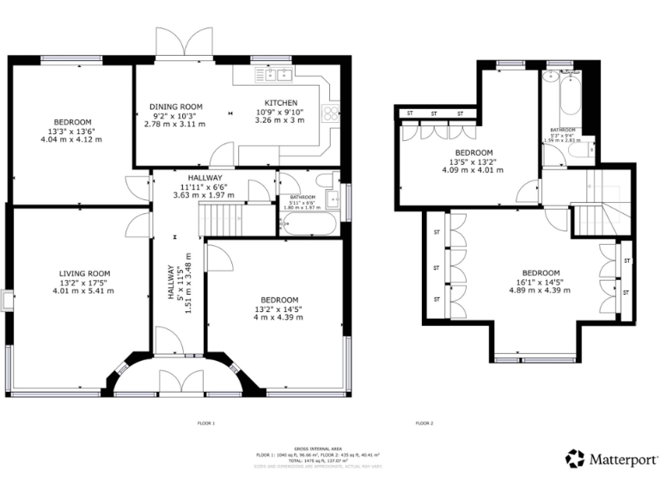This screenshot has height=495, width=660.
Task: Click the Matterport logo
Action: pos(612,459)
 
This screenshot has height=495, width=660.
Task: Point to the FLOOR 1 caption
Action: pos(206,424)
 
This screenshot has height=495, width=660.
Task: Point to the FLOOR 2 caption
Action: pos(425,424)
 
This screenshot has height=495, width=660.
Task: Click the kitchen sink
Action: pos(278,75)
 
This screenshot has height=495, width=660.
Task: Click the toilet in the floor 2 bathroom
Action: pos(584,150)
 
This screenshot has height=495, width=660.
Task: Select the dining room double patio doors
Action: pos(183,43)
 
